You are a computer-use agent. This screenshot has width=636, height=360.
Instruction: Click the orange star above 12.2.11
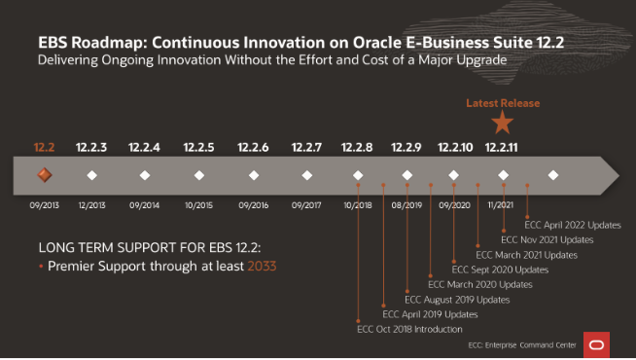[x=502, y=123]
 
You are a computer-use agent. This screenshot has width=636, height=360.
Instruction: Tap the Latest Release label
[x=502, y=102]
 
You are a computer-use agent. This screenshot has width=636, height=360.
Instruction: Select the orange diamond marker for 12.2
[x=44, y=175]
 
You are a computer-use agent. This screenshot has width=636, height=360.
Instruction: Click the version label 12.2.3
[x=90, y=147]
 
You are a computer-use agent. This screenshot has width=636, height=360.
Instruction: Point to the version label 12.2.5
[x=198, y=147]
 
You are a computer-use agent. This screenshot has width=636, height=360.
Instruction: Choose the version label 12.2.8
[x=357, y=147]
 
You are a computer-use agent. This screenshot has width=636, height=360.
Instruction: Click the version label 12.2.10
[x=454, y=147]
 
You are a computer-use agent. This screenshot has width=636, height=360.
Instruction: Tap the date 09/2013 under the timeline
[x=44, y=205]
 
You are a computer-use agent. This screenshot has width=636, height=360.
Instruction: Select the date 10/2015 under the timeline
[x=198, y=205]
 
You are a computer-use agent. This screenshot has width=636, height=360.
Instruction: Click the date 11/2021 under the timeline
[x=503, y=205]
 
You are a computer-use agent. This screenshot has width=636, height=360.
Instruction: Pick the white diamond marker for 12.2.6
[x=253, y=175]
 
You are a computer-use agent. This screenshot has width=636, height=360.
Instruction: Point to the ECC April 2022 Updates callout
[x=573, y=225]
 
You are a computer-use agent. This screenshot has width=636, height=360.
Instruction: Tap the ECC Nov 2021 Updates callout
[x=547, y=239]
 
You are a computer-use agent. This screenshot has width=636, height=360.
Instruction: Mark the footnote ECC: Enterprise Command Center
[x=522, y=345]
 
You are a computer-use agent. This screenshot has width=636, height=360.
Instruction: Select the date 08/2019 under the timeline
[x=406, y=205]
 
